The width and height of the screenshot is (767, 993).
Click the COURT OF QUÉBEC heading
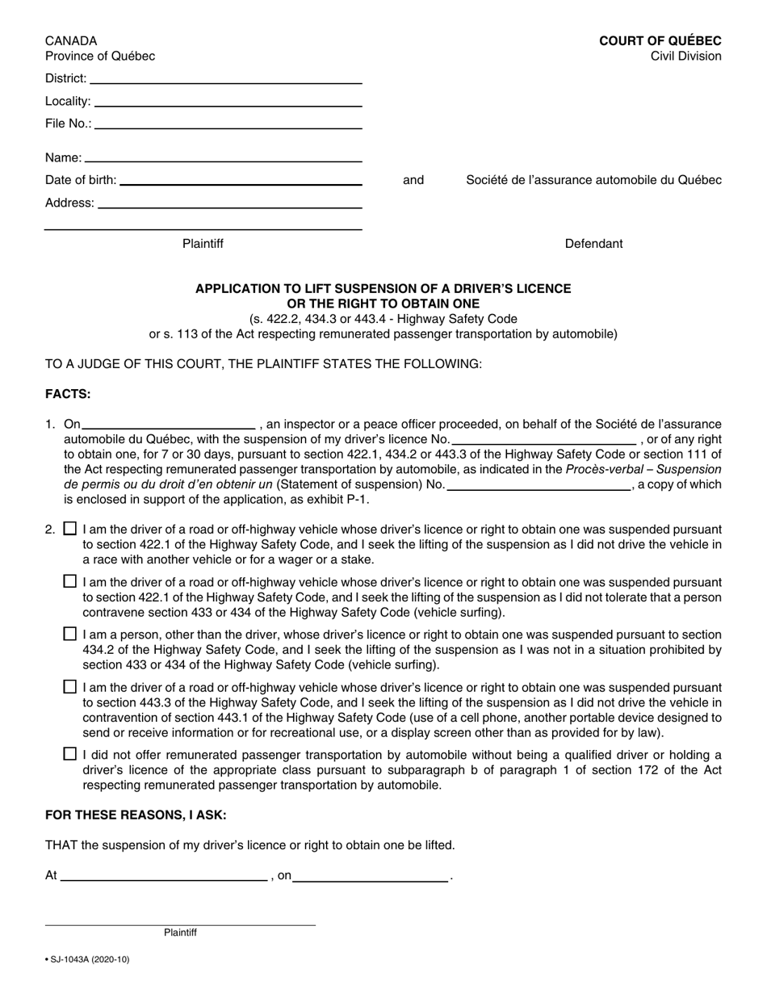pyautogui.click(x=660, y=41)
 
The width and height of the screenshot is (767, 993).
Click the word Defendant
pyautogui.click(x=593, y=244)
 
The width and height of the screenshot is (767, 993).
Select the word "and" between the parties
pyautogui.click(x=413, y=180)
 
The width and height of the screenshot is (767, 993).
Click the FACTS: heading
pyautogui.click(x=68, y=394)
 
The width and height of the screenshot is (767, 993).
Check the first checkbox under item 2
pyautogui.click(x=70, y=530)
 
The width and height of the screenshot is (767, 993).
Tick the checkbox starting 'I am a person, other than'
pyautogui.click(x=70, y=635)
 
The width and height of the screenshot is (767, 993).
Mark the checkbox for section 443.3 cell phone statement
pyautogui.click(x=70, y=687)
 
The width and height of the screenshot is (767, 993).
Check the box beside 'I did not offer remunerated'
pyautogui.click(x=70, y=754)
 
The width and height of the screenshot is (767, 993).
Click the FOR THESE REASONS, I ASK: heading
pyautogui.click(x=136, y=815)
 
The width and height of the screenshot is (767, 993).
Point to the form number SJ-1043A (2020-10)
pyautogui.click(x=87, y=959)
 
